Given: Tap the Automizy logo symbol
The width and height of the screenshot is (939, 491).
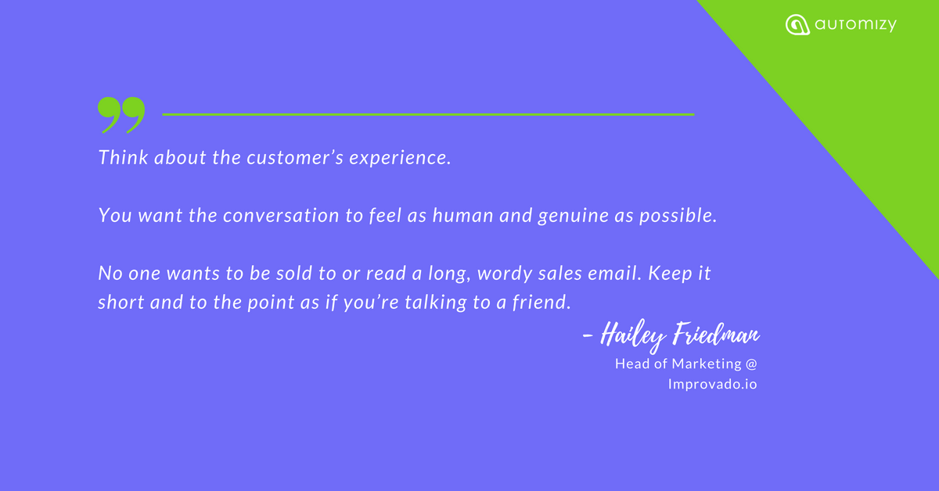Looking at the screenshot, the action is (x=797, y=25).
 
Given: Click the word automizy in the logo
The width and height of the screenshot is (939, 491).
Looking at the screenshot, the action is (x=855, y=25).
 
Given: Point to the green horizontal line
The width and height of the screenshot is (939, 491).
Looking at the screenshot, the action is (x=428, y=114).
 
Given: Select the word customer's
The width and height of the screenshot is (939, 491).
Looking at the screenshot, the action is (x=295, y=158).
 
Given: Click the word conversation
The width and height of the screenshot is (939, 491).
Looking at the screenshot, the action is (x=281, y=216).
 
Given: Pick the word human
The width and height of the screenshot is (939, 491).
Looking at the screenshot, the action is (x=462, y=215).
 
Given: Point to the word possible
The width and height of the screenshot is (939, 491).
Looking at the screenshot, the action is (x=678, y=216).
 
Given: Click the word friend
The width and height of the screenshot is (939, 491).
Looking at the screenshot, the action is (x=541, y=303).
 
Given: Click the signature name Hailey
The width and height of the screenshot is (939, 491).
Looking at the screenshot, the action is (x=633, y=336).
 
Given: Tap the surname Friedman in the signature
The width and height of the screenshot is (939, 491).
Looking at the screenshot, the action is (x=717, y=334).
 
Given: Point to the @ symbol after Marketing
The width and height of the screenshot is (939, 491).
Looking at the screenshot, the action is (x=751, y=364).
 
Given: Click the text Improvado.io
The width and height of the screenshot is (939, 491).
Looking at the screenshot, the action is (x=713, y=384).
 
